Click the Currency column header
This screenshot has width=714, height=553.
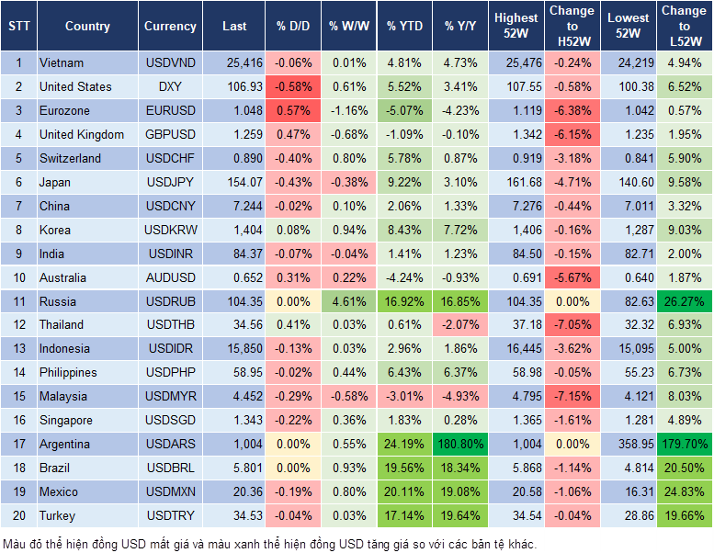[170, 27]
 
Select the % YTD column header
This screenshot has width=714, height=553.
[404, 27]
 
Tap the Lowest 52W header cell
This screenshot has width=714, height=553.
[629, 27]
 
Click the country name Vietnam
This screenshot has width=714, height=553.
[62, 63]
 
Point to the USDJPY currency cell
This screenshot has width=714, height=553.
[170, 182]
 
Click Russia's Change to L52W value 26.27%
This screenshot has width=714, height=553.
[685, 301]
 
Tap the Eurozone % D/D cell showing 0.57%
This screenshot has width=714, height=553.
[294, 111]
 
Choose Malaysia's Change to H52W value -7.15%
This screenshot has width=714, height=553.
[572, 396]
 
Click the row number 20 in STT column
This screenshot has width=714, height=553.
[18, 515]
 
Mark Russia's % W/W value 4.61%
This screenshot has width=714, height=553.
[348, 301]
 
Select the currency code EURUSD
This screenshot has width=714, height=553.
[170, 111]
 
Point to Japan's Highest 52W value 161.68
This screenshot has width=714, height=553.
[516, 182]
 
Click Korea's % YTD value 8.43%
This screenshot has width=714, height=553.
[404, 230]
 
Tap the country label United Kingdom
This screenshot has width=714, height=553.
[82, 135]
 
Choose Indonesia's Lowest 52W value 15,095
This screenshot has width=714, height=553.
[629, 349]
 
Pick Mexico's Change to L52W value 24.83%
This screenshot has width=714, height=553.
[685, 491]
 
